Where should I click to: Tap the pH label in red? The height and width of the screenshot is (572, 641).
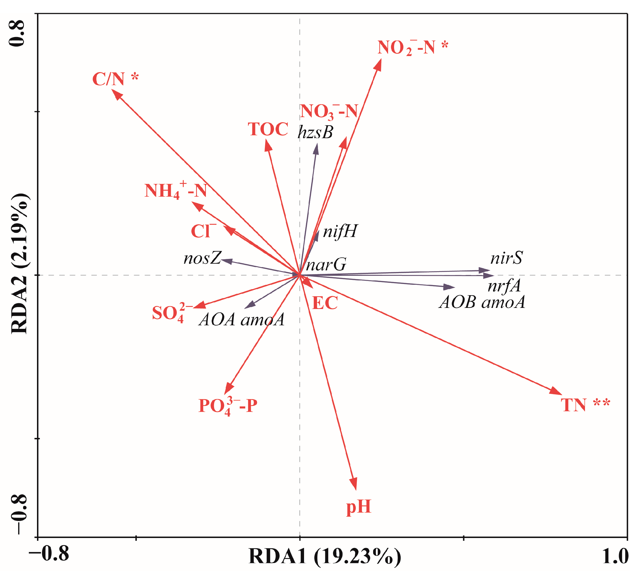tap(358, 507)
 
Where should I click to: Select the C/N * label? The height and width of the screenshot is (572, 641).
tap(115, 79)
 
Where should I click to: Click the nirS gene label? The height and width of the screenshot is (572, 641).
tap(506, 258)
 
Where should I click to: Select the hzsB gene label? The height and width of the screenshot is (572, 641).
tap(315, 132)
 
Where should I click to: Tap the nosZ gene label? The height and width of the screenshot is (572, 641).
tap(202, 258)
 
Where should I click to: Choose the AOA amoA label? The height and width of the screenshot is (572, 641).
tap(241, 320)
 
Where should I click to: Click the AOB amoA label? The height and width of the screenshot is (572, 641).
tap(482, 302)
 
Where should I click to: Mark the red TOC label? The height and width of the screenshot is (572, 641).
tap(268, 129)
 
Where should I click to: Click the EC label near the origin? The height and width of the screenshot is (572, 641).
tap(325, 303)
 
